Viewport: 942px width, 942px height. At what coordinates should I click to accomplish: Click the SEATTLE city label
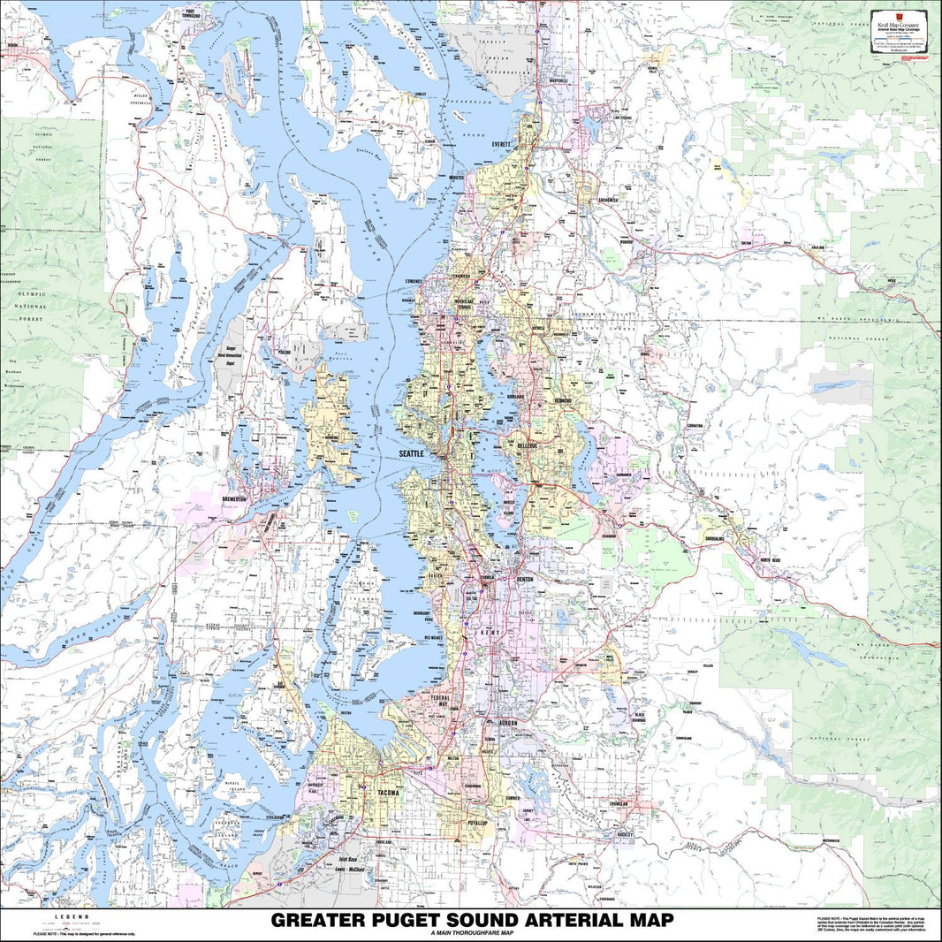pyautogui.click(x=412, y=453)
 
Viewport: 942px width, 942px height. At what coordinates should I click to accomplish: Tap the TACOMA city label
pyautogui.click(x=388, y=793)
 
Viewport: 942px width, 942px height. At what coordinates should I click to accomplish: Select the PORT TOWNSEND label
pyautogui.click(x=185, y=15)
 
